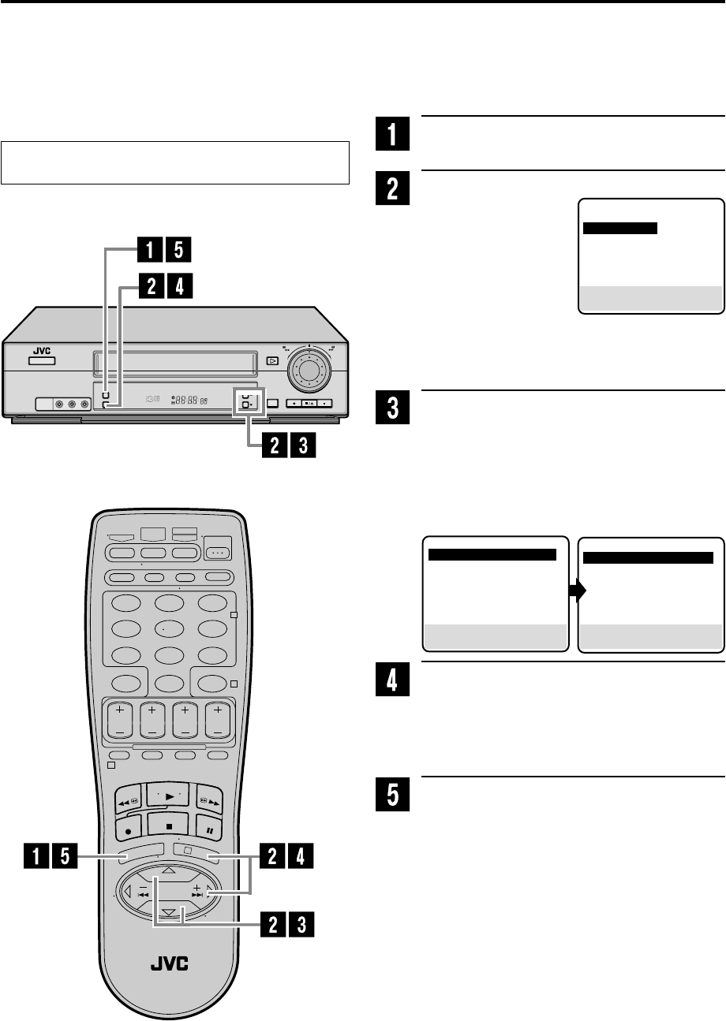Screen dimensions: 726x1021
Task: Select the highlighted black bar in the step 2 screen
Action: pyautogui.click(x=620, y=228)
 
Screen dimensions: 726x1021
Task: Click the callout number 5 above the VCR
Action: pyautogui.click(x=179, y=251)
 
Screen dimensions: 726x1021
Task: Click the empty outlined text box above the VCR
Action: pyautogui.click(x=174, y=162)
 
